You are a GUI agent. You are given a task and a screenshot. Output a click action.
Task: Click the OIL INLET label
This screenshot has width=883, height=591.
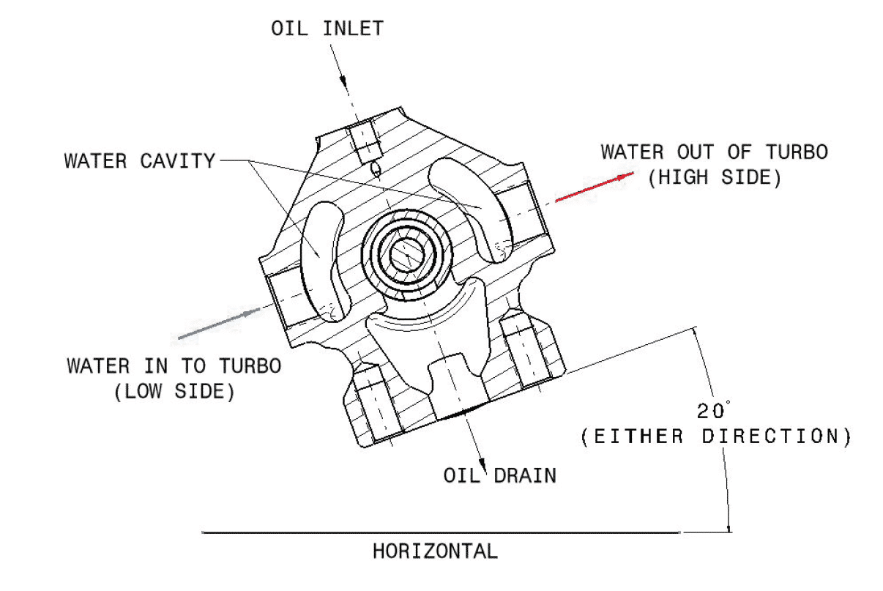327,29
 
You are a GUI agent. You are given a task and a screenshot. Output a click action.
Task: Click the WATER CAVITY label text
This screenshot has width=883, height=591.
140,160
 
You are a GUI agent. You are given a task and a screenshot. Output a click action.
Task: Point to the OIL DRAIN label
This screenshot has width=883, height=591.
499,475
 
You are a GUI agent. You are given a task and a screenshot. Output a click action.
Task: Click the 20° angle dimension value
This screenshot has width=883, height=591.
713,410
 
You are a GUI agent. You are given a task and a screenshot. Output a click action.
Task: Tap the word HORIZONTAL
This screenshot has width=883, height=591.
435,551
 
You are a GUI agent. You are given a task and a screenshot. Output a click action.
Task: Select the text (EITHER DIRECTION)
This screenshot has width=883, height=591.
715,437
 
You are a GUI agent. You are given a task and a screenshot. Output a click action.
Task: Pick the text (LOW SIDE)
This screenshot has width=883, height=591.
174,391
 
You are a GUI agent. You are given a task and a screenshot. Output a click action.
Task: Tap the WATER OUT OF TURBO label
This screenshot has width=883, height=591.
714,152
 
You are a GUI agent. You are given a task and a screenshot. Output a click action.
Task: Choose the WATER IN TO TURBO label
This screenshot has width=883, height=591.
174,365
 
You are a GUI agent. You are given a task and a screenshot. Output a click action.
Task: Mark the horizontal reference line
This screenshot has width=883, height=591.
439,533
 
